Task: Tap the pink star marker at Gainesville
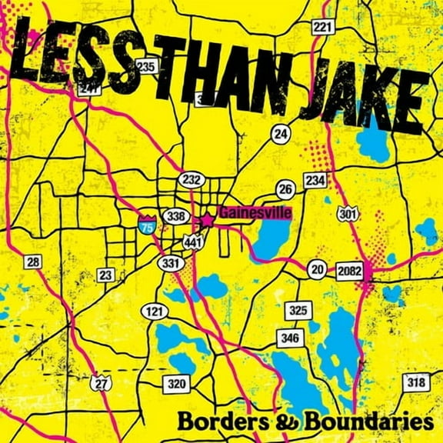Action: coord(207,219)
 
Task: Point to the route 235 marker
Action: coord(146,66)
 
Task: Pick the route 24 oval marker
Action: coord(281,134)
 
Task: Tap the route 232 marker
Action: coord(192,178)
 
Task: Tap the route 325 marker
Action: coord(297,311)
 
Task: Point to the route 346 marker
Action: coord(289,338)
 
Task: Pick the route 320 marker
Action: coord(176,383)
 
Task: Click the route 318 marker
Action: coord(416,382)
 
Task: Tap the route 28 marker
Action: coord(32,262)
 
